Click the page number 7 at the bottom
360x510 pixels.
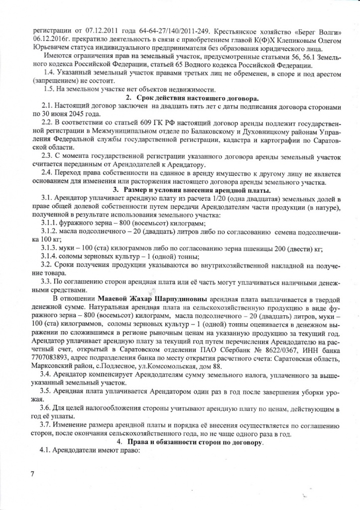coord(31,474)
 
